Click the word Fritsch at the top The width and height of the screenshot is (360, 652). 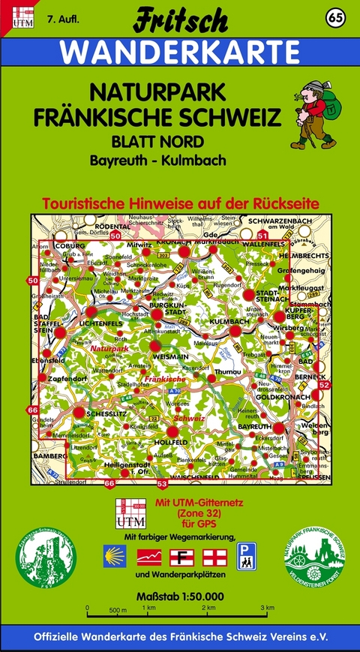[179, 20]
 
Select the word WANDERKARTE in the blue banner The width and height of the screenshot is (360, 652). [179, 53]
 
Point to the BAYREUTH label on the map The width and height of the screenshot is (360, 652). [254, 425]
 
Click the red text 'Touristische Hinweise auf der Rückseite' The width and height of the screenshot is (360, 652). [179, 203]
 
